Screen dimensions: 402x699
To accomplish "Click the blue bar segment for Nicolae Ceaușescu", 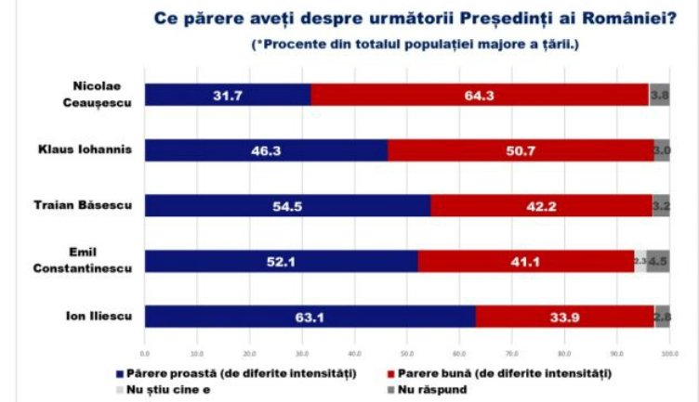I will [x=228, y=94].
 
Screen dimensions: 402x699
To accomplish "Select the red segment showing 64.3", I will [x=479, y=94].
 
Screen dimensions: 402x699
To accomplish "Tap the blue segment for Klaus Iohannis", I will [x=266, y=149].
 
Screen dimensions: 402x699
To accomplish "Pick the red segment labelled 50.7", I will [x=518, y=149].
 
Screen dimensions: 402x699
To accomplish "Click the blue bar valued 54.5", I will [x=287, y=206].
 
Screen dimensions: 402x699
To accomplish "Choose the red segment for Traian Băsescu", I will [x=538, y=206].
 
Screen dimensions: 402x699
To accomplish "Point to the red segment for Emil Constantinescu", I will [x=525, y=262].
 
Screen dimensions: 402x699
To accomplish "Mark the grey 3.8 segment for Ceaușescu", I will [x=659, y=94].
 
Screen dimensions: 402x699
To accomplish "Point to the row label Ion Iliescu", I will [x=105, y=317].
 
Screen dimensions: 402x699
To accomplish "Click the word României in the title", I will [x=632, y=20].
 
